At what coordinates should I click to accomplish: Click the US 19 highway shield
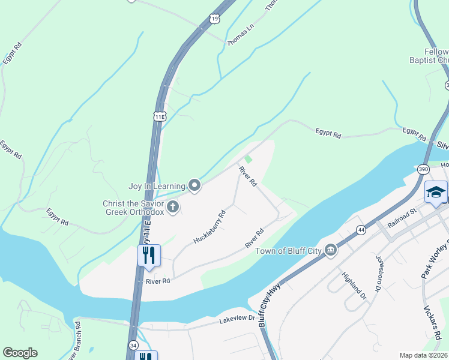coord(215,20)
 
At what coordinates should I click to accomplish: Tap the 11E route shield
coord(159,116)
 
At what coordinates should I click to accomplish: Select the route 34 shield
coord(133,346)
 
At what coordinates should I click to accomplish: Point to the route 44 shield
coord(361,229)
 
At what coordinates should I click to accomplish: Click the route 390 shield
coord(424,169)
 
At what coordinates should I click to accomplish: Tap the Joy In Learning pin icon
coord(194,186)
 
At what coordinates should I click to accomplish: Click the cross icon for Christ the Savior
coord(173,208)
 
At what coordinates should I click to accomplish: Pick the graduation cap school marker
coord(436,193)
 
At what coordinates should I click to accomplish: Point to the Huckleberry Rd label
coord(209,226)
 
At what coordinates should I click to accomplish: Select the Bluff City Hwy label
coord(270,305)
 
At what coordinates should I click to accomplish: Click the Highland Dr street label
coord(354,286)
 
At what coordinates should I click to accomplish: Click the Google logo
coord(20,353)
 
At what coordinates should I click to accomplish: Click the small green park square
coord(248,160)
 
